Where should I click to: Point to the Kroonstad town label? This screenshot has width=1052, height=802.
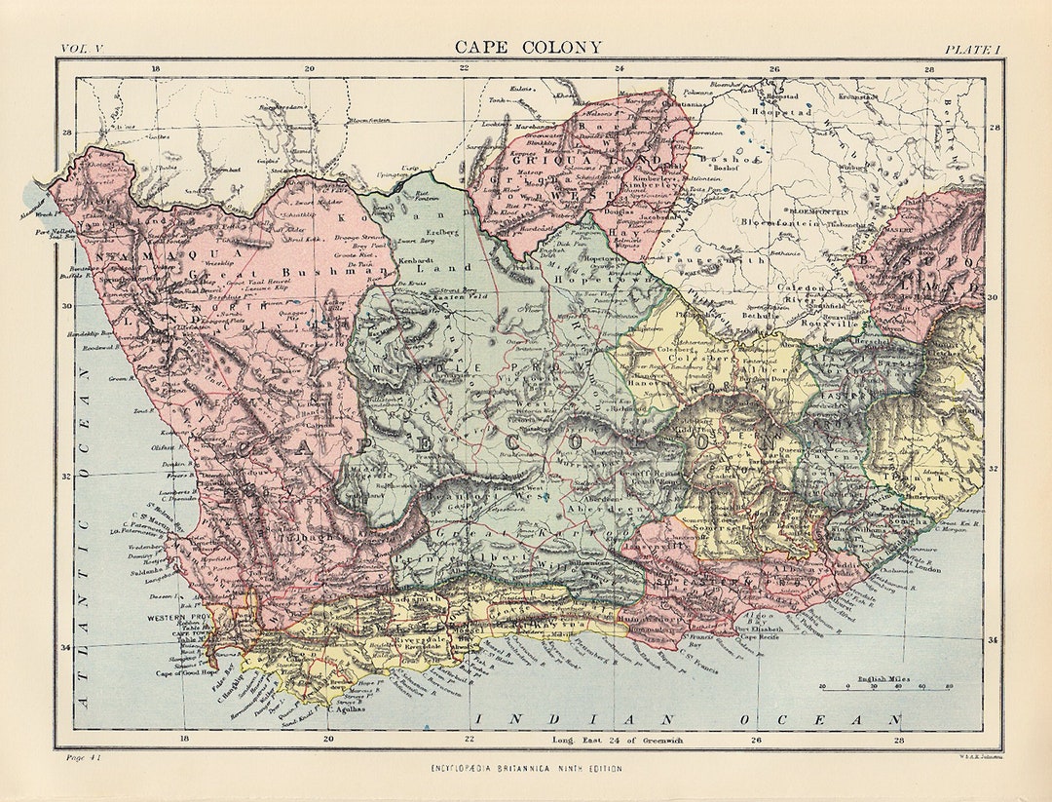857,96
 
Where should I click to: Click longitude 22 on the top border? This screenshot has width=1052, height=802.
465,68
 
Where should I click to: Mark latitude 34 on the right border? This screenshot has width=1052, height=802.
994,640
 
